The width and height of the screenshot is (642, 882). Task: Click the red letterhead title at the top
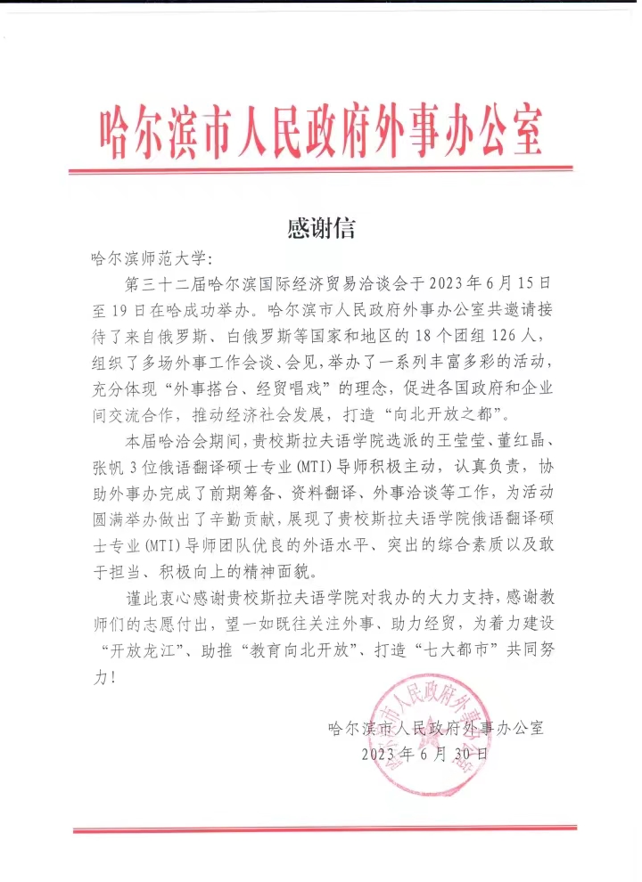[320, 131]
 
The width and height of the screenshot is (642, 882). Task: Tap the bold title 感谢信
[320, 229]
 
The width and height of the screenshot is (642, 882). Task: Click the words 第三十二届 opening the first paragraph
[169, 285]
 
